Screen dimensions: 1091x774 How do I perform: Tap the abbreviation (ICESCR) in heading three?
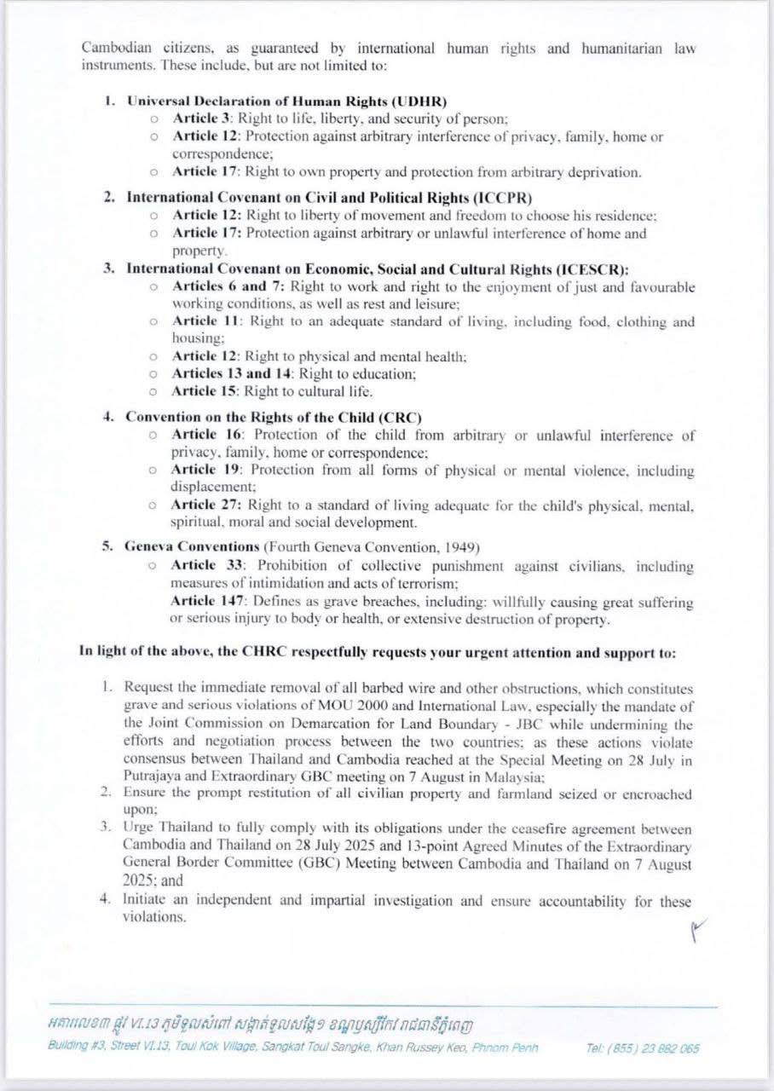tap(586, 268)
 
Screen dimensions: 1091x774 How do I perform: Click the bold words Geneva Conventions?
tap(192, 546)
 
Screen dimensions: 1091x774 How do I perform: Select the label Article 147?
tap(205, 602)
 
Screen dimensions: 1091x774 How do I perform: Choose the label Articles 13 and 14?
tap(228, 373)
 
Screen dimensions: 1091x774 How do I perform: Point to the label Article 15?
tap(204, 391)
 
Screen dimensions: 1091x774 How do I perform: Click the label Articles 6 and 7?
tap(220, 286)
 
